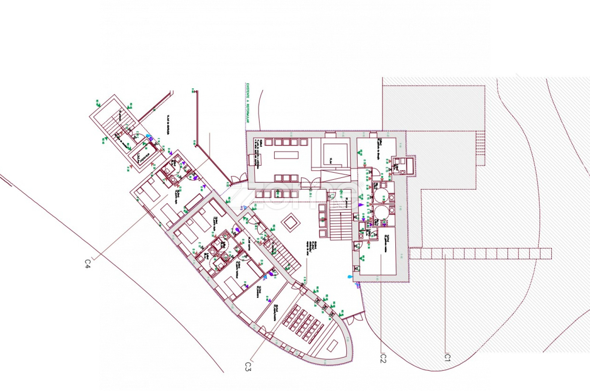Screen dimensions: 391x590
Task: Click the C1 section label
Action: click(447, 357)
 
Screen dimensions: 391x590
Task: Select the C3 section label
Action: click(248, 367)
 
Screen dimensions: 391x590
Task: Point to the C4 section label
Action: click(87, 264)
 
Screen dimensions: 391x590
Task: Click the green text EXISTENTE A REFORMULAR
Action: click(247, 103)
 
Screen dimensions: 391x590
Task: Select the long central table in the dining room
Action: click(286, 155)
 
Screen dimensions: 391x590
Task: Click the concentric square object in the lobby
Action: click(290, 222)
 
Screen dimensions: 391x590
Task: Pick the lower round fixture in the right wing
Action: click(381, 213)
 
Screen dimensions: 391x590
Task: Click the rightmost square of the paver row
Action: click(546, 253)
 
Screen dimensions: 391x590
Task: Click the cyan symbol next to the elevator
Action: click(149, 136)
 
